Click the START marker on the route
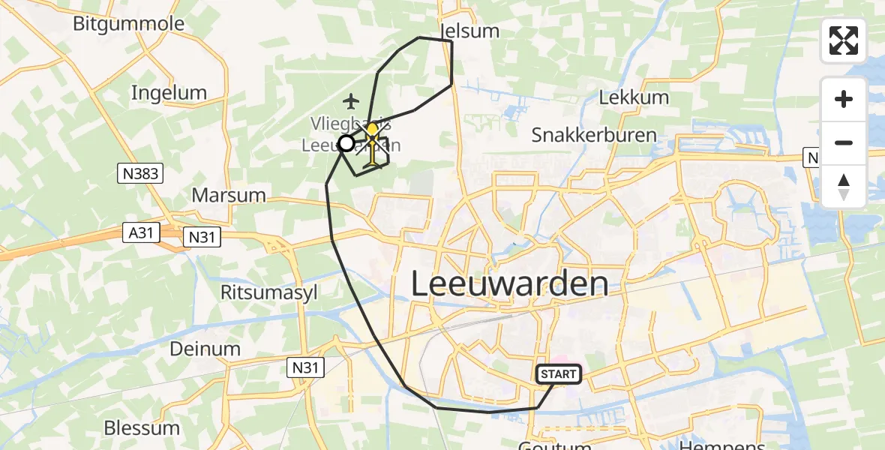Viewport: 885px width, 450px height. [x=559, y=374]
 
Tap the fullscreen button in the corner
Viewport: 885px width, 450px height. [x=844, y=40]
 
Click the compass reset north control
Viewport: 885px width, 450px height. [x=844, y=187]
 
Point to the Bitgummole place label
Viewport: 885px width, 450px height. [x=128, y=23]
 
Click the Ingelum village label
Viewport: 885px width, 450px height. [x=168, y=93]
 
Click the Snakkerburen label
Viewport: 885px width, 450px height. [x=594, y=135]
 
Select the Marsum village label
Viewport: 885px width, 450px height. [x=229, y=195]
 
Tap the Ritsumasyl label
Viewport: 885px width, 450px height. [x=262, y=291]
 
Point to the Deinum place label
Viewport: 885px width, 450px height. [x=205, y=349]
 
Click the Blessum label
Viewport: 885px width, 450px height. [x=142, y=428]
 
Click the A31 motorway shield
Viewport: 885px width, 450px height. [x=141, y=233]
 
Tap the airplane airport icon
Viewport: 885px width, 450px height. [x=349, y=100]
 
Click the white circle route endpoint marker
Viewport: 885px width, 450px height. [x=346, y=142]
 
